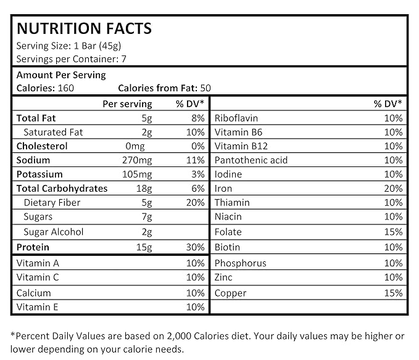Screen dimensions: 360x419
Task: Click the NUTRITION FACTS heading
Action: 83,28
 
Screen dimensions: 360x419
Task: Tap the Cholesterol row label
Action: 42,146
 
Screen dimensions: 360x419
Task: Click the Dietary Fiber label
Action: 52,203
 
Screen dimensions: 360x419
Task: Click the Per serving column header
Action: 127,104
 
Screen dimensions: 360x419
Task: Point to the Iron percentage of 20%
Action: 392,189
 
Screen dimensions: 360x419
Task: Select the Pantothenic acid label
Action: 251,160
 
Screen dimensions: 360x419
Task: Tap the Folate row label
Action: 228,232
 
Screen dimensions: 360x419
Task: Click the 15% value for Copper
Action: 392,293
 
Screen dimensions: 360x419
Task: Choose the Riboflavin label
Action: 236,118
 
